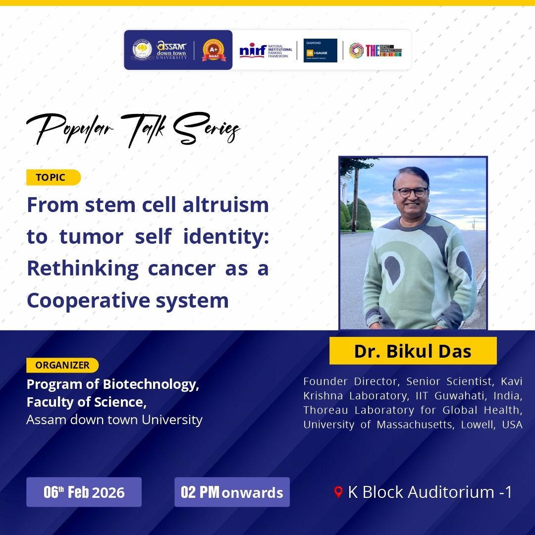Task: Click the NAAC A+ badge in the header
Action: point(214,50)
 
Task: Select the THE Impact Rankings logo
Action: point(375,50)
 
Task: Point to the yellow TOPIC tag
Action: point(53,177)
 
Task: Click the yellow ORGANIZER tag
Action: point(62,365)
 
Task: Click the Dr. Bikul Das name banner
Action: point(413,351)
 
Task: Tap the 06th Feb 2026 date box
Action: point(84,492)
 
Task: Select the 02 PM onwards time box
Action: point(232,492)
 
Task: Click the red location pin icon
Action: point(339,492)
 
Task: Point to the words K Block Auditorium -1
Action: point(429,492)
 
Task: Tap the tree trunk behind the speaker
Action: point(355,198)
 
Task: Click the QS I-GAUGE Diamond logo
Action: point(320,50)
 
